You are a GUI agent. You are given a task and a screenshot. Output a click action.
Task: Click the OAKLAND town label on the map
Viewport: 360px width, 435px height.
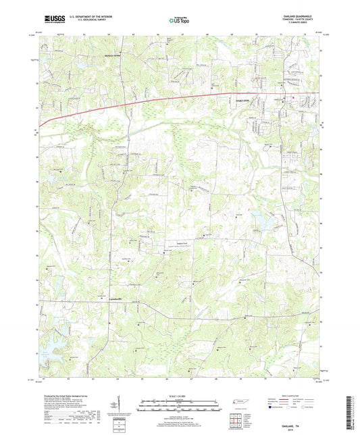tap(248, 99)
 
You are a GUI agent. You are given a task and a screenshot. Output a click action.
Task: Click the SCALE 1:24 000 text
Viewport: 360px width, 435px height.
tap(179, 396)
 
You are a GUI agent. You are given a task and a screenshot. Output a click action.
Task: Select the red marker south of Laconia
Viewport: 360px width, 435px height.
tap(109, 330)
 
